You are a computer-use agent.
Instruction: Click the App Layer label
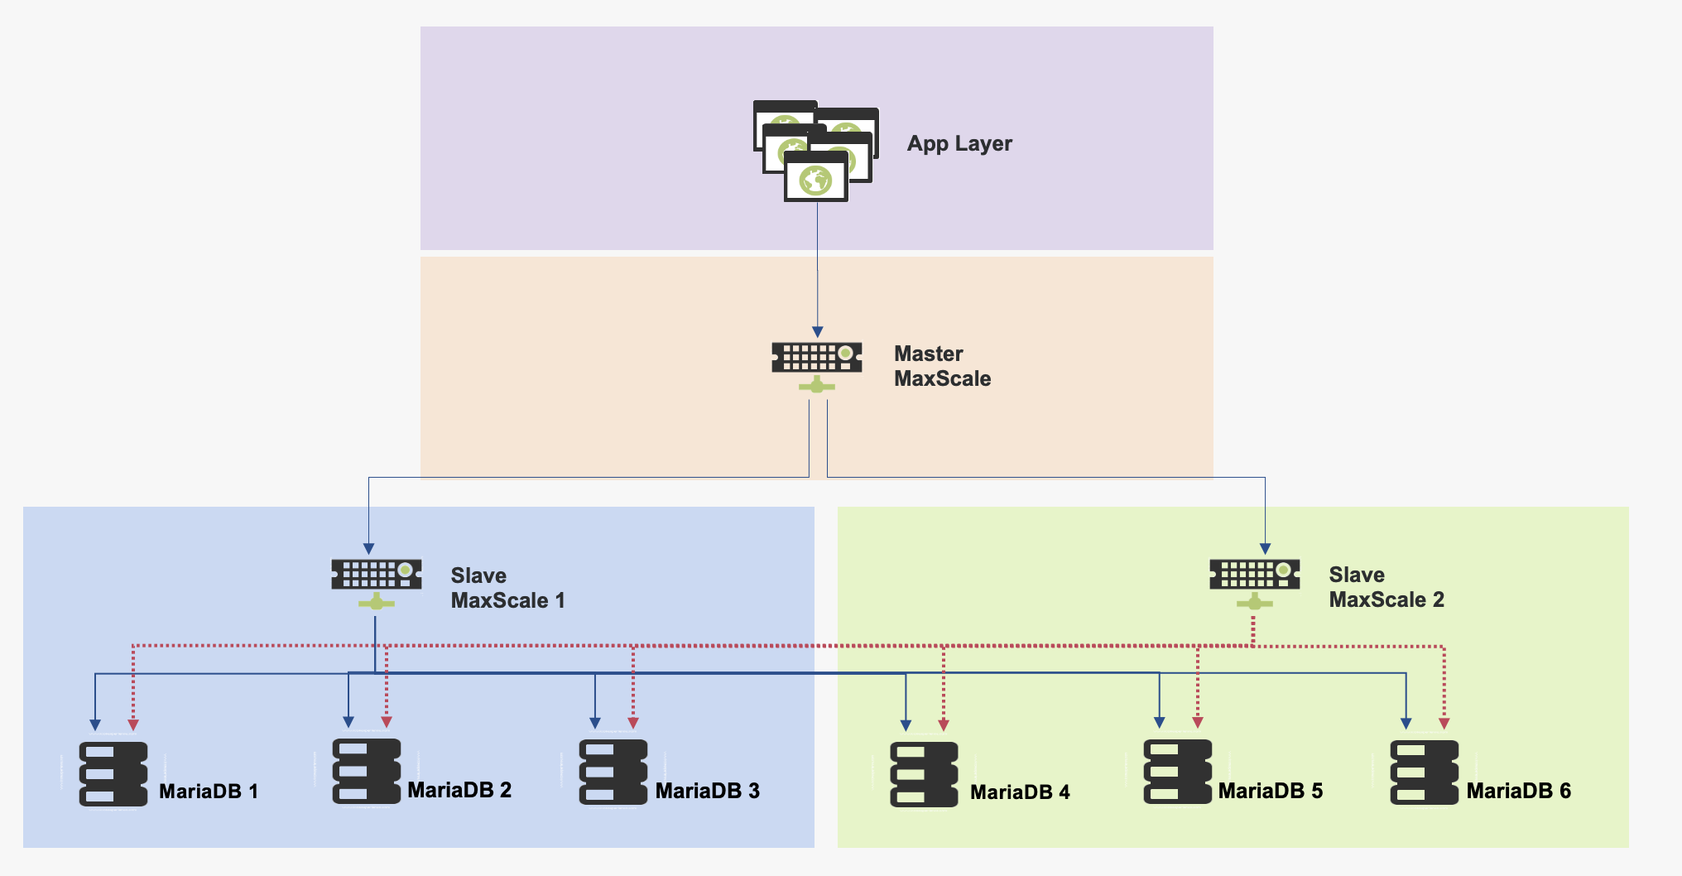pos(959,143)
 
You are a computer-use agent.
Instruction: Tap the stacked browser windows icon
pos(815,151)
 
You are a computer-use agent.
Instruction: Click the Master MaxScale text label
pos(942,366)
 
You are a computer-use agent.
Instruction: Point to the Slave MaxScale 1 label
pos(507,588)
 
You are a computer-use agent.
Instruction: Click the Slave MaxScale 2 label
pos(1386,587)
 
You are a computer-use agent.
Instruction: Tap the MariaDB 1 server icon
pos(113,774)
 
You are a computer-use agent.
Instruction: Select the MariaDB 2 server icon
pos(367,772)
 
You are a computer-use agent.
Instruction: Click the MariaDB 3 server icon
pos(613,773)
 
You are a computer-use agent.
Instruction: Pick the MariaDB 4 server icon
pos(925,775)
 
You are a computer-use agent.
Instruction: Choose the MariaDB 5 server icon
pos(1178,773)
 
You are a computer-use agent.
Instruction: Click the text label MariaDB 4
pos(1020,792)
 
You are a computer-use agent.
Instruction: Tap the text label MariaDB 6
pos(1518,791)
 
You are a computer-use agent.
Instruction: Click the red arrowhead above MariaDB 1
pos(133,725)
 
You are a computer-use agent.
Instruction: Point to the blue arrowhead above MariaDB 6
pos(1406,724)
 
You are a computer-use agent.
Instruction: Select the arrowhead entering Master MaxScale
pos(818,332)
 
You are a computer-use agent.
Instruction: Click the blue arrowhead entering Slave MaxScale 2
pos(1265,549)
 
